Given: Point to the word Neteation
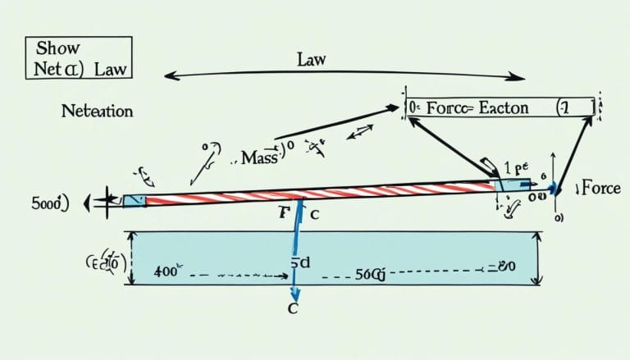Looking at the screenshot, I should click(x=97, y=109).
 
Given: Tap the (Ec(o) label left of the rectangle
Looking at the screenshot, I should click(x=105, y=263).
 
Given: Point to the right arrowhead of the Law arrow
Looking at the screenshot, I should click(x=518, y=78).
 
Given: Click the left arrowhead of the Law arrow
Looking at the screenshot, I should click(x=170, y=76).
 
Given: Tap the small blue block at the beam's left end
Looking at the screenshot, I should click(x=135, y=200).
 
